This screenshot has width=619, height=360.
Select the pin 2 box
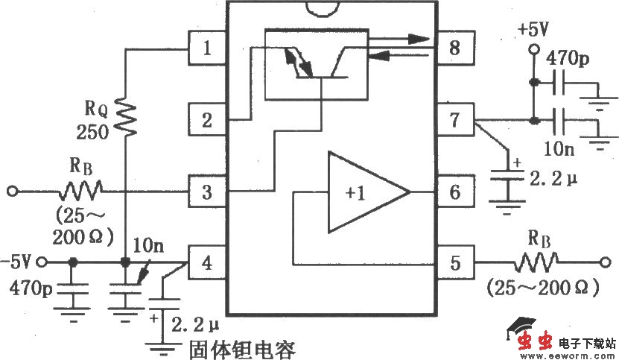(x=207, y=119)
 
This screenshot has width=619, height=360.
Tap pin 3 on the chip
(x=207, y=192)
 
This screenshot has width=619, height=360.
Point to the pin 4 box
(x=207, y=262)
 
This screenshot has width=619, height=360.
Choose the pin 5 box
(x=455, y=262)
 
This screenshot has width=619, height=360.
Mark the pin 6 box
(x=455, y=192)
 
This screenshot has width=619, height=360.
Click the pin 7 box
(x=455, y=119)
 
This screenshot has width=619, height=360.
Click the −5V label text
(x=16, y=262)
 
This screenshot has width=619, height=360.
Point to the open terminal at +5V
(x=533, y=50)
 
